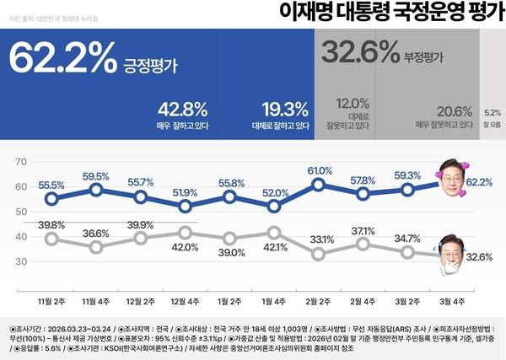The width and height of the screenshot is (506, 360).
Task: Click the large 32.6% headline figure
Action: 359,52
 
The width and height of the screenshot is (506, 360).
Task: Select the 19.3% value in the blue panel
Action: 283,109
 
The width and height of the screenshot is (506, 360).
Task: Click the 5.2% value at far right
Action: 493,111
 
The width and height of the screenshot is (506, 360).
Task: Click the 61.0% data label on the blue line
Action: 319,171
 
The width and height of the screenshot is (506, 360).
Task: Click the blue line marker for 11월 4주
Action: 96,191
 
